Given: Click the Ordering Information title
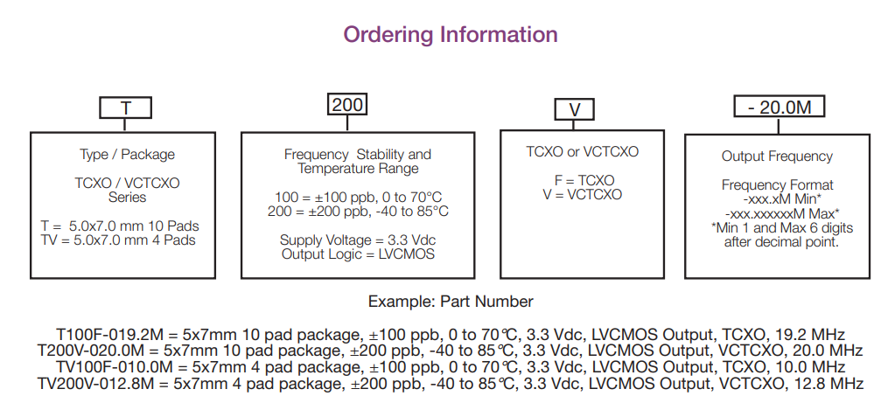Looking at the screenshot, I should click(x=450, y=35).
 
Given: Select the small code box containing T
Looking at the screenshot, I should click(x=125, y=108).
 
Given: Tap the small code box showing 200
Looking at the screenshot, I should click(x=347, y=105).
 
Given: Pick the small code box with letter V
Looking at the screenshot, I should click(x=575, y=109).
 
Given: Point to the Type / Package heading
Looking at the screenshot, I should click(x=127, y=155).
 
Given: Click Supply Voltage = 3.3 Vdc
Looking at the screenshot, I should click(x=357, y=240).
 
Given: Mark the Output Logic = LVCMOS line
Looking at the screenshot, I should click(x=357, y=254).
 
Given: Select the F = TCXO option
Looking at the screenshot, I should click(x=583, y=180).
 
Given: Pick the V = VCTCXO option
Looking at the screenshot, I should click(x=583, y=194).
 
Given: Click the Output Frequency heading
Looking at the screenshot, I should click(x=777, y=156).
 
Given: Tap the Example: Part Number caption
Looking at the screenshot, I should click(x=450, y=302).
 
